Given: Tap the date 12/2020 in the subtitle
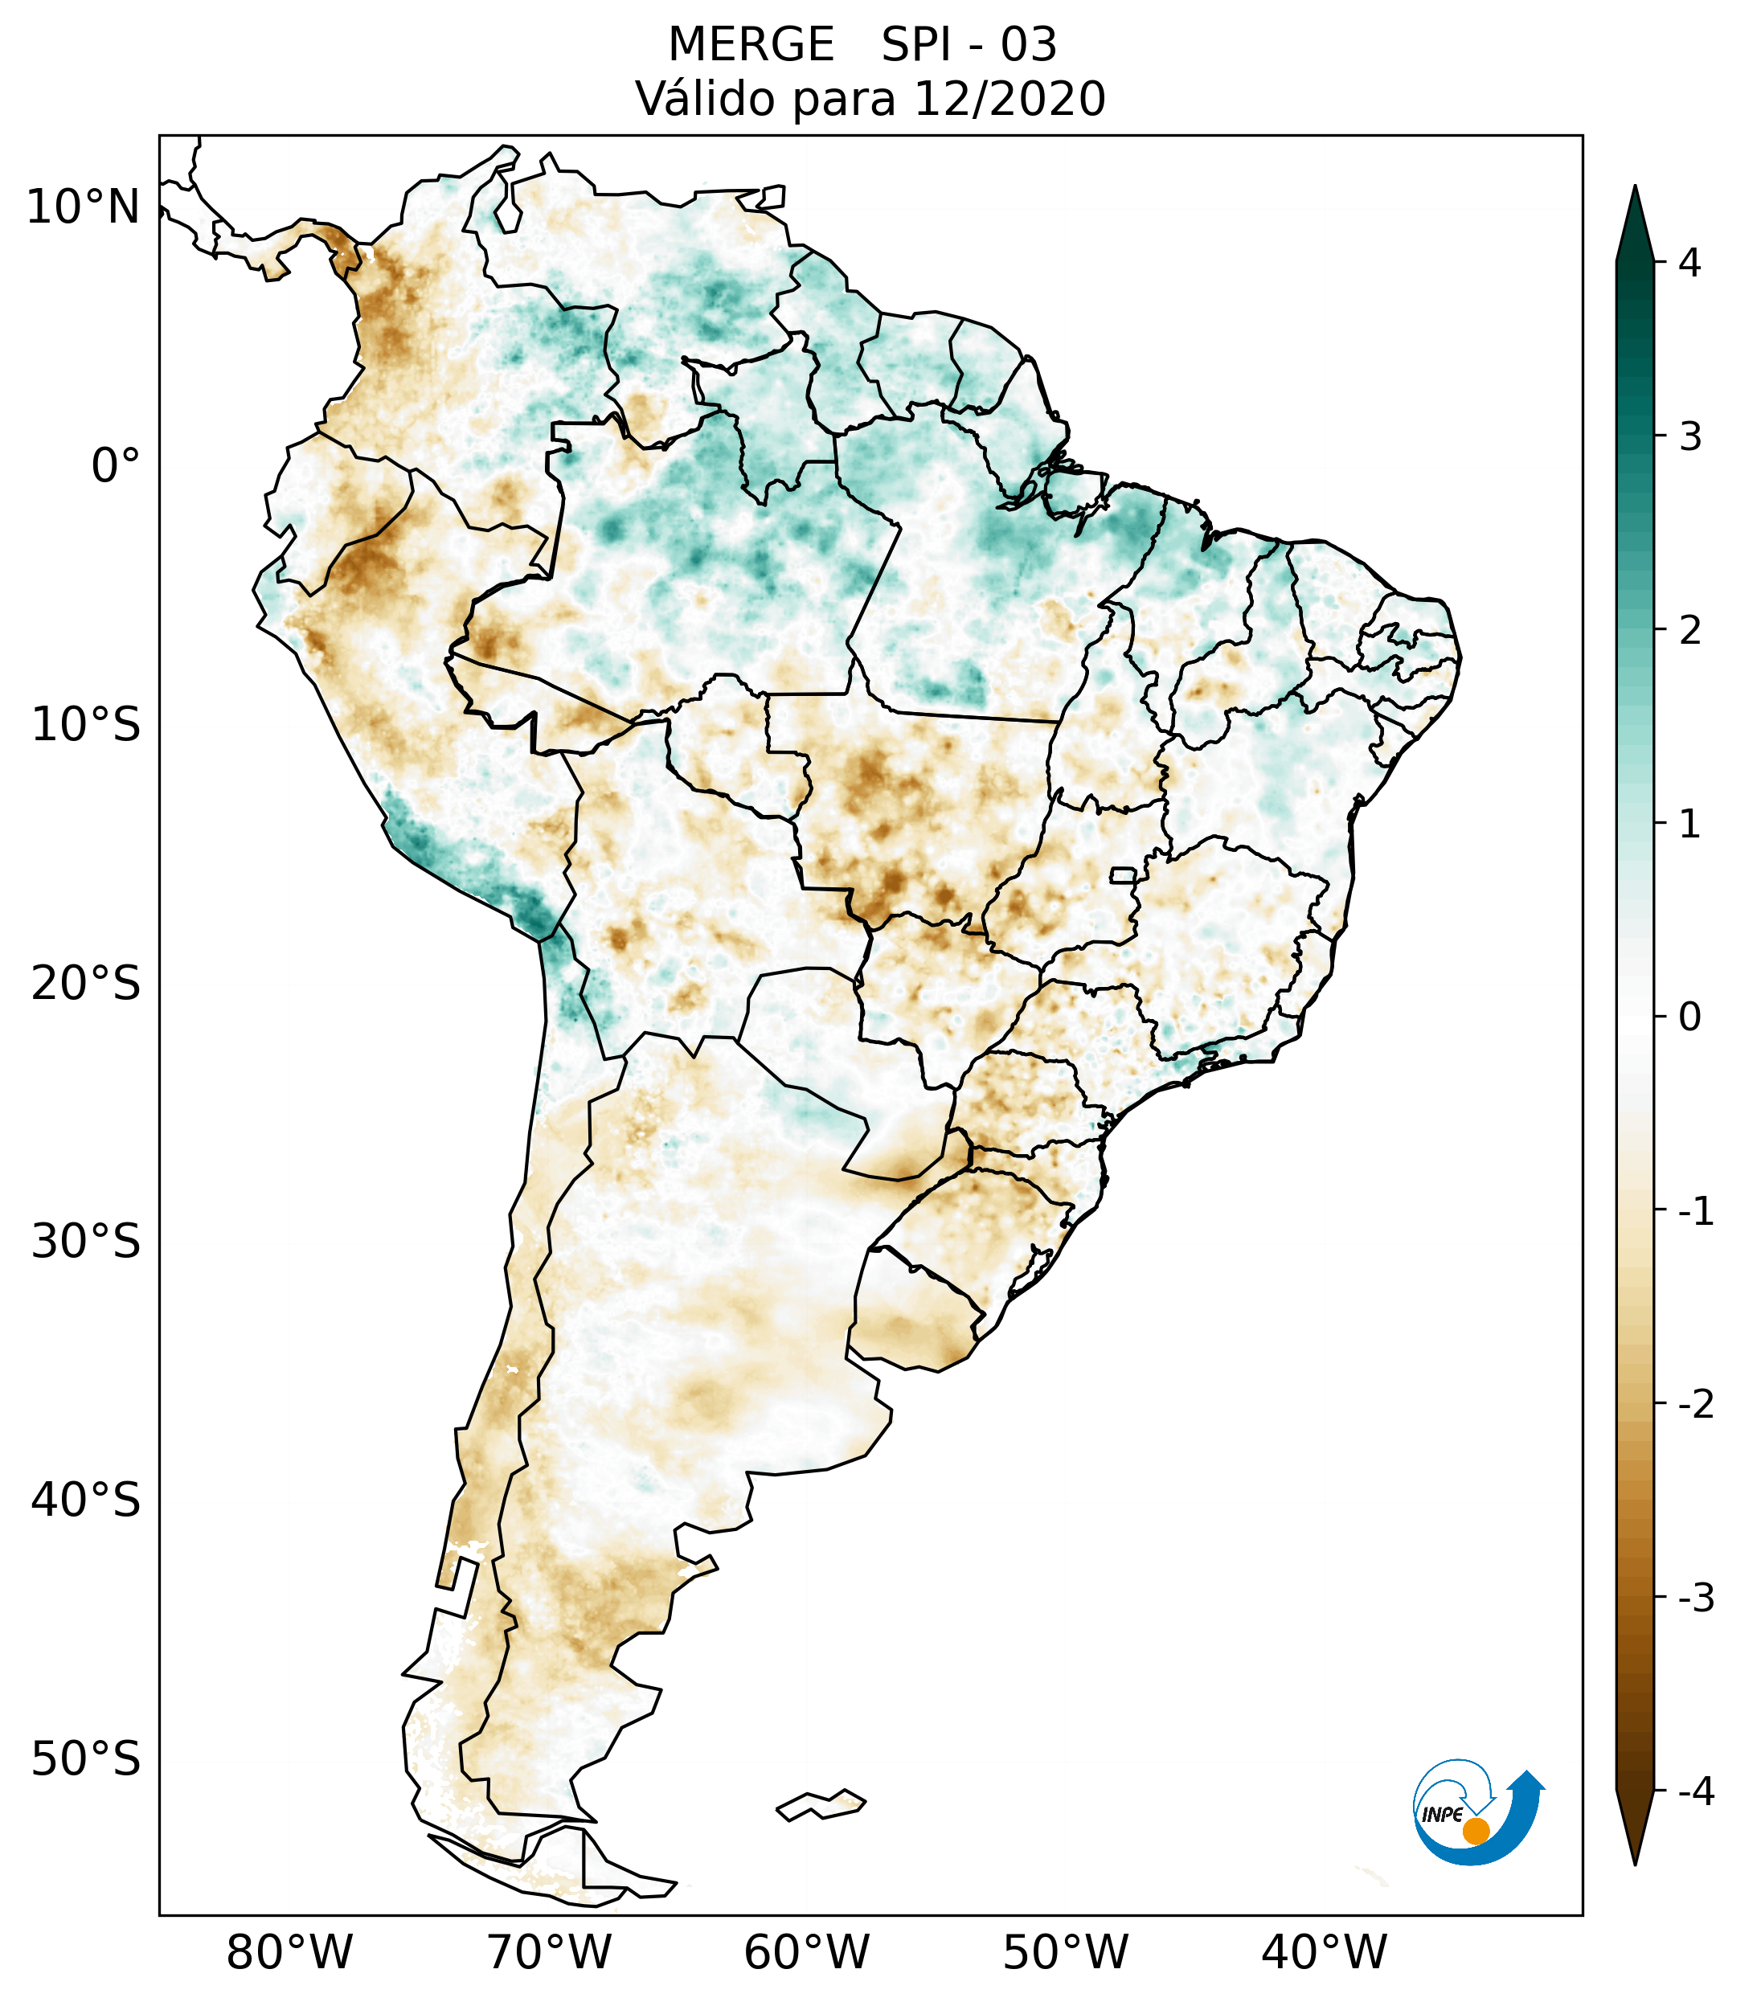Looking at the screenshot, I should point(1010,99).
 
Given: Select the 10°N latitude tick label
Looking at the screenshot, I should point(84,207).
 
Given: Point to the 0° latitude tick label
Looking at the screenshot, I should point(116,466).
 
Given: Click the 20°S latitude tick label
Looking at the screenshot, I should point(86,984).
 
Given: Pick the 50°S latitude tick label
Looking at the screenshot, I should point(86,1760).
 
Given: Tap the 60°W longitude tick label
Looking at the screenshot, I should point(806,1952).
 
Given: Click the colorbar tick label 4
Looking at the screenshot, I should point(1689,263).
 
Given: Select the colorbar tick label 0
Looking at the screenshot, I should point(1689,1017).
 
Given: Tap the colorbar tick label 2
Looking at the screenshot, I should point(1689,631).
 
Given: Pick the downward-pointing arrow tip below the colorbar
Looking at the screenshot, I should point(1635,1841).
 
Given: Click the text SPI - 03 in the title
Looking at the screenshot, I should point(969,45).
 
